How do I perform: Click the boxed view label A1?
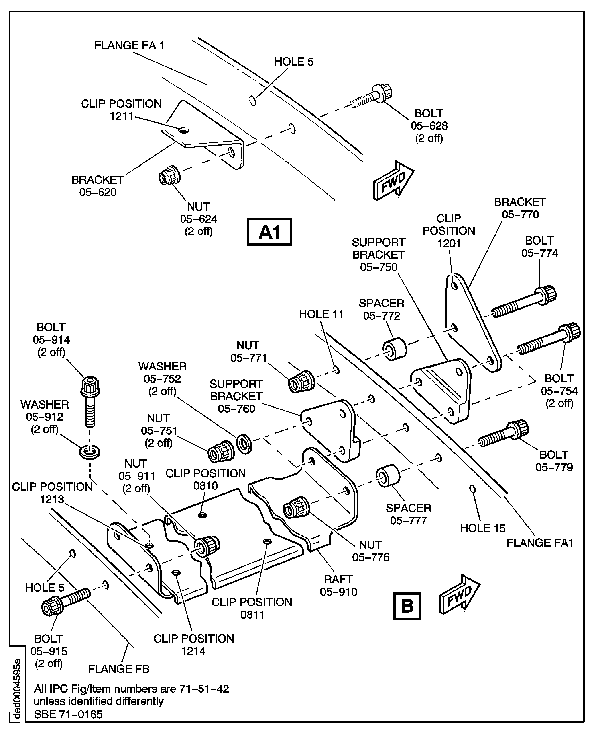coord(269,232)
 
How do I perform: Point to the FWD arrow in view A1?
coord(393,181)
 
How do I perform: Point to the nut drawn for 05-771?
coord(301,381)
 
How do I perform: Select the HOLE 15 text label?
coord(482,528)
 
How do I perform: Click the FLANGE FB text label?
coord(119,669)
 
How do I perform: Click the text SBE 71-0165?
coord(68,714)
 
